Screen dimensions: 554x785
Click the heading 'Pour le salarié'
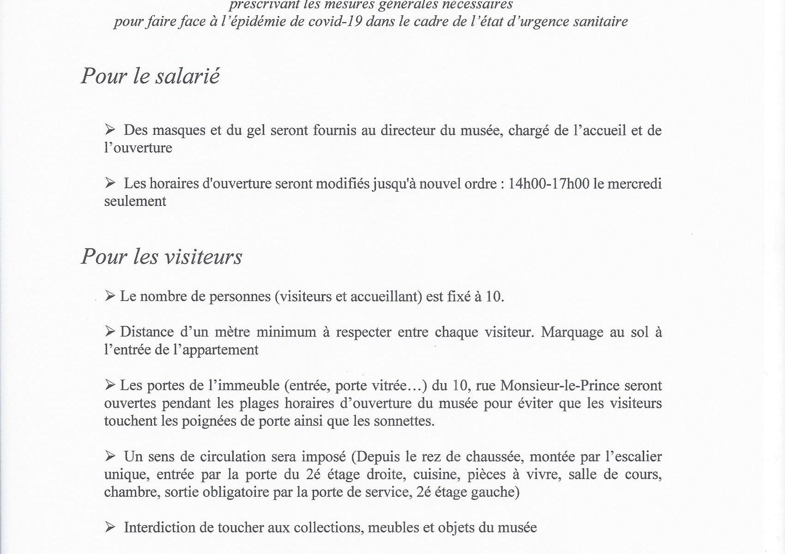(x=150, y=76)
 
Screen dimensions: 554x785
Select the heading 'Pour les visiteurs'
(x=161, y=257)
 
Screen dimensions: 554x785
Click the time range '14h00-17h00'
(x=549, y=184)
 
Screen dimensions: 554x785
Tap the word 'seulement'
(x=135, y=201)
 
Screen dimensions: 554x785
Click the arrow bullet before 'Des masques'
(x=110, y=130)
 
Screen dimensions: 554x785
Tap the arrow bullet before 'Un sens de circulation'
(x=110, y=457)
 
